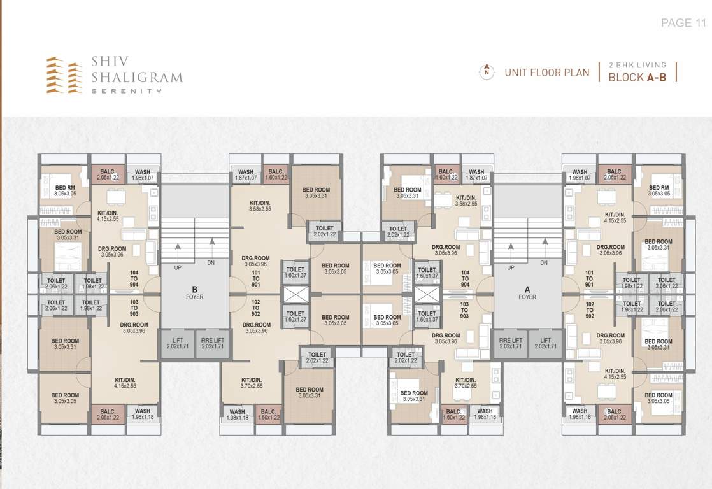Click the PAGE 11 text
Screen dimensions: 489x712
684,23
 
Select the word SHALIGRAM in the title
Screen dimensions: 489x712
137,78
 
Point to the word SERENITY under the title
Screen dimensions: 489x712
126,91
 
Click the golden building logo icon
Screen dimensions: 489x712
64,75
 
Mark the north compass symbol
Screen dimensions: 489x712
487,72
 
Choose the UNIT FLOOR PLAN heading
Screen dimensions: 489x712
547,73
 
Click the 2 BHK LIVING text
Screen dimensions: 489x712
637,65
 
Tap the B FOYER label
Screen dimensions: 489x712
194,293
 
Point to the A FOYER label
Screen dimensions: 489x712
527,293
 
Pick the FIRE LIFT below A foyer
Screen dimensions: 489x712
511,344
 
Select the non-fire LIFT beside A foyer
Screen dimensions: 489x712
545,344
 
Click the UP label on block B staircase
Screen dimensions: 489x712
178,262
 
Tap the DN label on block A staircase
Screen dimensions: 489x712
544,262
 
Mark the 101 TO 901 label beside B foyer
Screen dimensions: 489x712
256,278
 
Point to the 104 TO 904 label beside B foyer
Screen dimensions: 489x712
134,278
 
